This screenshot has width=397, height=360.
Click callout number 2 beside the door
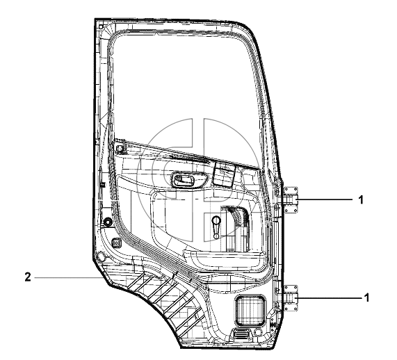point(28,277)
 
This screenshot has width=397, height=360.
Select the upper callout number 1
point(361,199)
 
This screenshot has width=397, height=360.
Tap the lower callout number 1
point(366,297)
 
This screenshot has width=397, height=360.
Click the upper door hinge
point(290,199)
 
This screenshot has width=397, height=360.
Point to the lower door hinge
point(290,298)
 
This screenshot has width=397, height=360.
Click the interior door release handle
point(183,179)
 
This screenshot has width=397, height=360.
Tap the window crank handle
point(216,227)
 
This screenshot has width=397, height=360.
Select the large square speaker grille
point(250,310)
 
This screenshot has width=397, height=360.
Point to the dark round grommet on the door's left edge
point(108,221)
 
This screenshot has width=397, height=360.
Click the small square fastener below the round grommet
point(116,243)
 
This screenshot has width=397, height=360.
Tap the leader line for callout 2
point(68,278)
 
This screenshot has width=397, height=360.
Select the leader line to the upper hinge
point(325,199)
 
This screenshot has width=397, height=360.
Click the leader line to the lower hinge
point(330,298)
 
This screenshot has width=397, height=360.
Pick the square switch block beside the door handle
point(225,174)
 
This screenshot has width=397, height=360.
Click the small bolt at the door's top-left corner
point(101,26)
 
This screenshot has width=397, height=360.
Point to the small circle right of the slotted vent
point(257,332)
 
